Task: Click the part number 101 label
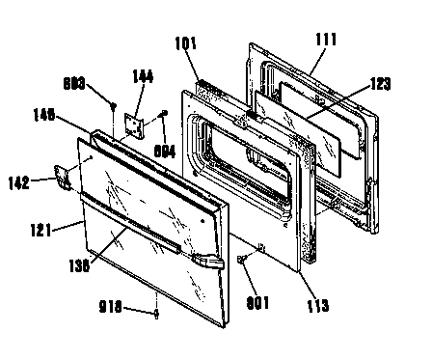click(186, 43)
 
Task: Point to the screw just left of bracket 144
click(114, 106)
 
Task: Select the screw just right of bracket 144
click(165, 116)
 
